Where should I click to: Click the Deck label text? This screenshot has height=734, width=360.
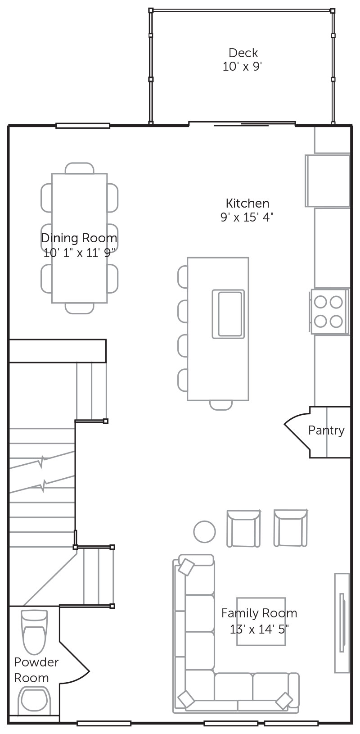point(243,53)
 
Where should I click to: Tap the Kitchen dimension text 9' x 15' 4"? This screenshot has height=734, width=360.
point(247,217)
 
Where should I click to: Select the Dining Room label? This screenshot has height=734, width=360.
point(79,238)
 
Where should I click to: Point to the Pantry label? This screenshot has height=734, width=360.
point(326,430)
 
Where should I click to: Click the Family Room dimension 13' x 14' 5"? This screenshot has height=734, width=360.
point(259,629)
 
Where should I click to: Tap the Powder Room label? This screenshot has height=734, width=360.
point(36,670)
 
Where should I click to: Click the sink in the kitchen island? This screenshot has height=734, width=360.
point(228,314)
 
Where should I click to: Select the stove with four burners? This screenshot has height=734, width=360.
point(329,312)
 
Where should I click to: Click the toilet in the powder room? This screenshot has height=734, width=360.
point(33,632)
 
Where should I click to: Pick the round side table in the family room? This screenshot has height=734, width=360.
point(204,532)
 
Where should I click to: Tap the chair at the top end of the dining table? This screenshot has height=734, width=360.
point(80,168)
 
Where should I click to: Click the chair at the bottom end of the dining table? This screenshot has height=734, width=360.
point(80,308)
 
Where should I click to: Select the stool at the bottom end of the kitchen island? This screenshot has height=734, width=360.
point(221,405)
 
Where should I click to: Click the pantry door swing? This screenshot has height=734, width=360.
point(297,431)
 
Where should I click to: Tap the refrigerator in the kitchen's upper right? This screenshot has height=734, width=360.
point(328,181)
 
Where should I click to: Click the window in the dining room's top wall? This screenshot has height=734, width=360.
point(82,126)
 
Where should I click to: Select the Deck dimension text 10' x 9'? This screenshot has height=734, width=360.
point(243,67)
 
